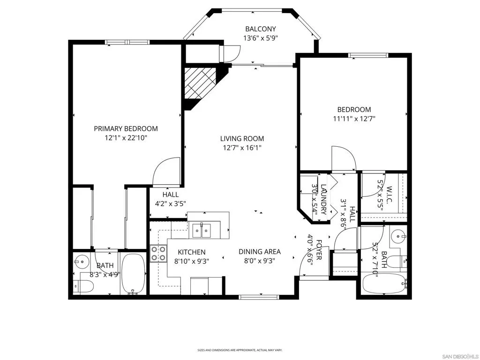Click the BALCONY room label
(261, 29)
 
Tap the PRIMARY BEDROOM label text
(126, 128)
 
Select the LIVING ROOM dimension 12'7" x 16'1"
(242, 148)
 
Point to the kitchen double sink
(202, 231)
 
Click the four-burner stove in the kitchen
(158, 254)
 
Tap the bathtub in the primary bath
(133, 274)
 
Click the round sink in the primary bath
(82, 262)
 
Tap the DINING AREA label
(260, 252)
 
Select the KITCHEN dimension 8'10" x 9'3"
(192, 262)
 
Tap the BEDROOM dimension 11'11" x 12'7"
(354, 119)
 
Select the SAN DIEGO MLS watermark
(461, 357)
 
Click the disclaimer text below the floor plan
(240, 350)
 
